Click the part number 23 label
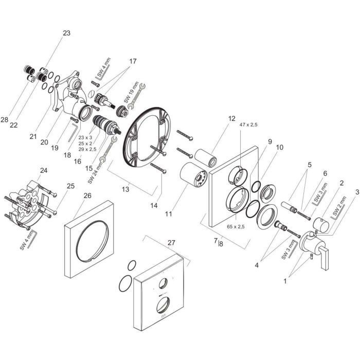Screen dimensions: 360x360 pyautogui.click(x=66, y=33)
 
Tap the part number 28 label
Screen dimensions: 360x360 pyautogui.click(x=5, y=120)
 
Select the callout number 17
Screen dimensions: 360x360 pyautogui.click(x=133, y=61)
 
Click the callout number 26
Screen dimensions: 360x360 pyautogui.click(x=87, y=195)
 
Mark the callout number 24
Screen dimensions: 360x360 pyautogui.click(x=44, y=170)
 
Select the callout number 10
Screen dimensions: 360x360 pyautogui.click(x=280, y=148)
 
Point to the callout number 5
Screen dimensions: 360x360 pyautogui.click(x=309, y=165)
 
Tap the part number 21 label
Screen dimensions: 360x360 pyautogui.click(x=33, y=136)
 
